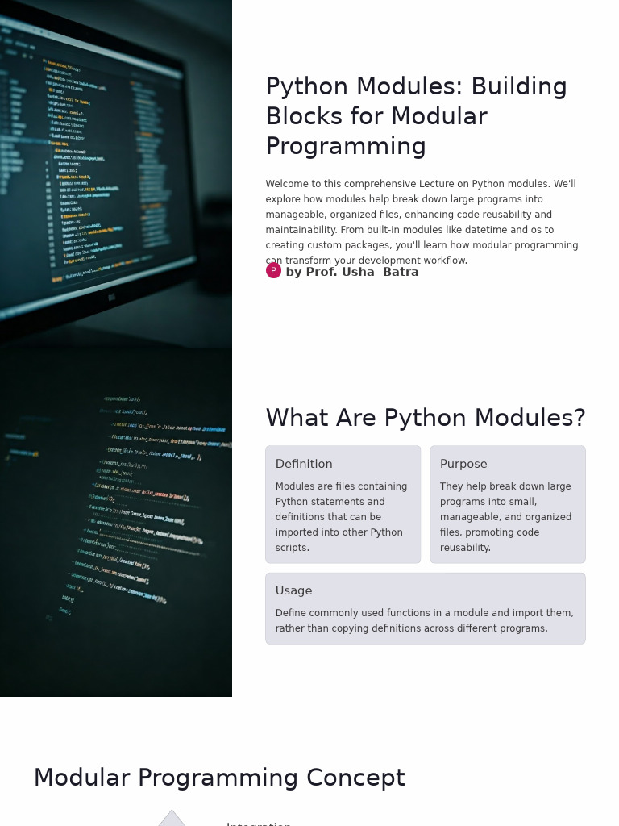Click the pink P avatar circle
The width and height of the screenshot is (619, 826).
click(x=274, y=271)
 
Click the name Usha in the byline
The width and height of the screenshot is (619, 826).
click(x=360, y=273)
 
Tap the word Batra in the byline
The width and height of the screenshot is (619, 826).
click(x=401, y=273)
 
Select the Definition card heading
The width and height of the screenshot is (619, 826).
click(x=304, y=465)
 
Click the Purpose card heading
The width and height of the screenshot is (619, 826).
click(x=463, y=465)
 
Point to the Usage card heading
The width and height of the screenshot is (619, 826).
click(x=293, y=591)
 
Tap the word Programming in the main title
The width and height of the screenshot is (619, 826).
click(x=346, y=147)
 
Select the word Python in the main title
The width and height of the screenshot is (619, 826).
click(x=307, y=87)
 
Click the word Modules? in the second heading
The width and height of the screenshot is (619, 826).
click(x=534, y=419)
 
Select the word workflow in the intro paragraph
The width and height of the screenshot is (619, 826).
click(x=446, y=261)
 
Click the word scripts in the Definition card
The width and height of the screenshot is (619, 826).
click(x=291, y=548)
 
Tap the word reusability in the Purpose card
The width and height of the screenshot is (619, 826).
click(x=464, y=548)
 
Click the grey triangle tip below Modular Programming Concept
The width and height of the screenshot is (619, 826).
click(x=172, y=817)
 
